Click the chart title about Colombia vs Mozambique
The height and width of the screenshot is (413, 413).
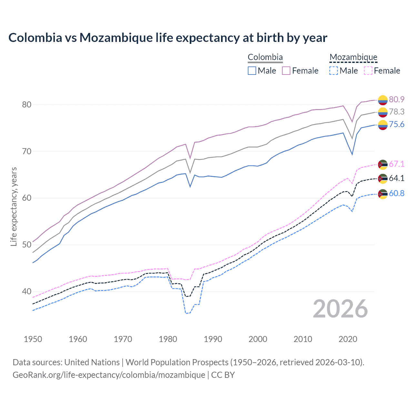pos(168,38)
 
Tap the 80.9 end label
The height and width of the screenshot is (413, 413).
pos(397,99)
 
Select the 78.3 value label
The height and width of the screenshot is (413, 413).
pos(397,112)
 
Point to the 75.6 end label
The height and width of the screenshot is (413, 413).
pos(397,125)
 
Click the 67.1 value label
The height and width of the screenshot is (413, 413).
pos(397,164)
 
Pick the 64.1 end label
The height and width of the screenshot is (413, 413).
pos(397,178)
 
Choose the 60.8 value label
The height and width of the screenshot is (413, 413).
pos(397,193)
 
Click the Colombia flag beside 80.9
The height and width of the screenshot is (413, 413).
pos(383,100)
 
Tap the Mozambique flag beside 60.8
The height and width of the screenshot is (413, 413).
pos(383,194)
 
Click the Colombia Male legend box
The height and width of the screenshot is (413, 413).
pos(252,71)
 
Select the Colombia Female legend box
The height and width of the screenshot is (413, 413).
pos(286,71)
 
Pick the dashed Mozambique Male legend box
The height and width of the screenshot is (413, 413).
pos(334,71)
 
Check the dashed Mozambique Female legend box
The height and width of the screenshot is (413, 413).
pos(368,71)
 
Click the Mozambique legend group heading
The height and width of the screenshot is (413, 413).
pos(353,57)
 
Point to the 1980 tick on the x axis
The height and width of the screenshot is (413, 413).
pos(168,339)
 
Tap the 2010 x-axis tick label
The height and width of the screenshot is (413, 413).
pos(303,339)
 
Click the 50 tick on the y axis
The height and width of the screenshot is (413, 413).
pos(26,245)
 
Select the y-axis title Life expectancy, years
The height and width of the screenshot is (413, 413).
pos(14,206)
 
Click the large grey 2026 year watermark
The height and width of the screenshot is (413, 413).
pos(340,309)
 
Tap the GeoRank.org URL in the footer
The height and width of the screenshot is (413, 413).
pos(109,375)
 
